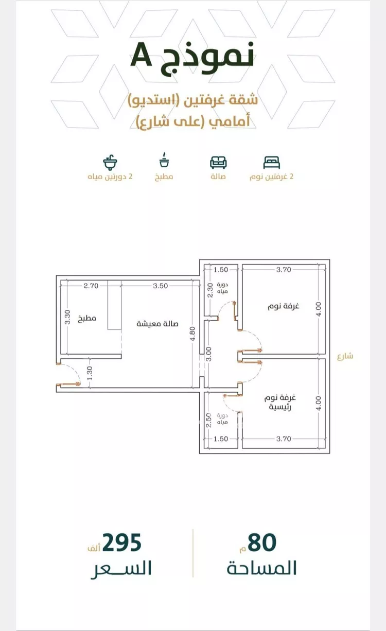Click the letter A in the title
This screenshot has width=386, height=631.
tap(142, 56)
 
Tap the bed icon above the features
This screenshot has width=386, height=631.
tap(272, 163)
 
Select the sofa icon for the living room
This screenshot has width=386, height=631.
tap(218, 163)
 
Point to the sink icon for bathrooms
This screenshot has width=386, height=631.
tap(110, 162)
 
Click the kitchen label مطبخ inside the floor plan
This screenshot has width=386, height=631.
tap(87, 318)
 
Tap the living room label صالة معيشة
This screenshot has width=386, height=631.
tap(157, 324)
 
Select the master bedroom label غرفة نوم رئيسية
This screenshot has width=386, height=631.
tap(280, 402)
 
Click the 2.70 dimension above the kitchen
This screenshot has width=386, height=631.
tap(91, 286)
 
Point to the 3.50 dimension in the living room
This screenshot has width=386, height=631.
tap(161, 286)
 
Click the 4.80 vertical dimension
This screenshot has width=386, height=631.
tap(193, 334)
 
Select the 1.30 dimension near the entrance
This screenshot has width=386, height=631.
tap(90, 373)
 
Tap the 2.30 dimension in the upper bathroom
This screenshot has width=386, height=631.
tap(210, 290)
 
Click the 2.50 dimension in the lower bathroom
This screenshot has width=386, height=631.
tap(208, 420)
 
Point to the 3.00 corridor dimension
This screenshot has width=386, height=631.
tap(208, 354)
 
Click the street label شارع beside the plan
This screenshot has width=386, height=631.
tap(345, 356)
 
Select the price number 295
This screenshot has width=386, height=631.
tap(121, 542)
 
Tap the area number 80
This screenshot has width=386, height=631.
tap(262, 542)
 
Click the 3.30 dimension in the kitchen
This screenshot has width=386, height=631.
tap(67, 317)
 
